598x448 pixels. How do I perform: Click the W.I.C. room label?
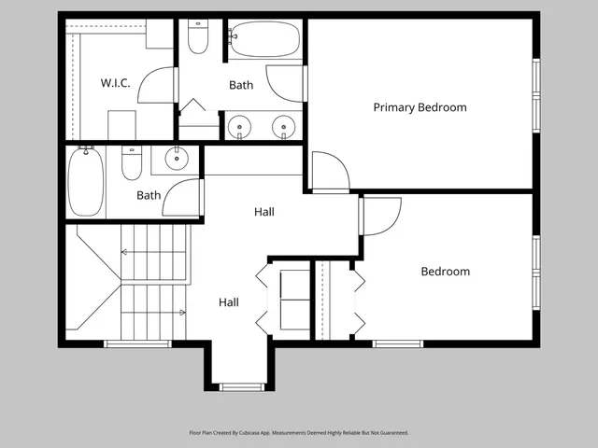coord(115,83)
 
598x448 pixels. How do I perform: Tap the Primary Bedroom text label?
coord(420,107)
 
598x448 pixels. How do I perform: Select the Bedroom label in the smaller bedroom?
coord(445,272)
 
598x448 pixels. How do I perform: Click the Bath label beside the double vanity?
coord(241,85)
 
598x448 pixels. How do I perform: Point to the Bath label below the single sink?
coord(149,195)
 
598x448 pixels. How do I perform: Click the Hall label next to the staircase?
coord(229,302)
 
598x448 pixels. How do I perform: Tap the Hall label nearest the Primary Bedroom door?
coord(264,212)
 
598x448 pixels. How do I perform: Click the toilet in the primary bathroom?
coord(197,36)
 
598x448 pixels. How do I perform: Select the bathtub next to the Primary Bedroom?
coord(265,40)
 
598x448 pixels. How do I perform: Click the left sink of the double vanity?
coord(240,125)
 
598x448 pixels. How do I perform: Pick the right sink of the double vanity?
coord(283,125)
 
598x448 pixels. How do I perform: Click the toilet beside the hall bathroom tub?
coord(131,164)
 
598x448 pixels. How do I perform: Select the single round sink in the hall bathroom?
coord(178,159)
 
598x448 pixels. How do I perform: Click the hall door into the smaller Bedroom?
coord(381,217)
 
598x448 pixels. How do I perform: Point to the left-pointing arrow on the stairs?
coord(125,252)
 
